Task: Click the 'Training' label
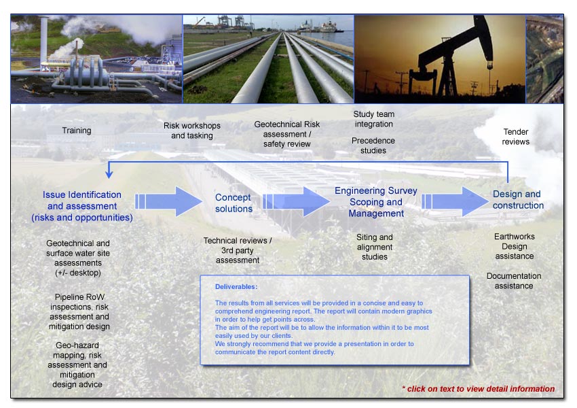[x=77, y=131]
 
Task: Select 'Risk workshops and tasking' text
[x=191, y=131]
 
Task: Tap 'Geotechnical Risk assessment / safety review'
[x=287, y=134]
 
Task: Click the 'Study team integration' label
[x=374, y=119]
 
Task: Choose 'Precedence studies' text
[x=373, y=146]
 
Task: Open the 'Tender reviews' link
[x=515, y=137]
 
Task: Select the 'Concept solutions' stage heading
[x=234, y=203]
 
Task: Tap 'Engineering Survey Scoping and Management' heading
[x=375, y=202]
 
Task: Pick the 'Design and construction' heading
[x=518, y=200]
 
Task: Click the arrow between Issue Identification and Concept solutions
[x=169, y=201]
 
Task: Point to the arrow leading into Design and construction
[x=455, y=201]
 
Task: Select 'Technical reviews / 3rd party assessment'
[x=238, y=250]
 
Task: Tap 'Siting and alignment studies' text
[x=375, y=247]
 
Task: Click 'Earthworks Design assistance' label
[x=515, y=246]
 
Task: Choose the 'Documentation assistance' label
[x=514, y=281]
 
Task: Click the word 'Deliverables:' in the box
[x=236, y=287]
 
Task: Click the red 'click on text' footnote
[x=478, y=389]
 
